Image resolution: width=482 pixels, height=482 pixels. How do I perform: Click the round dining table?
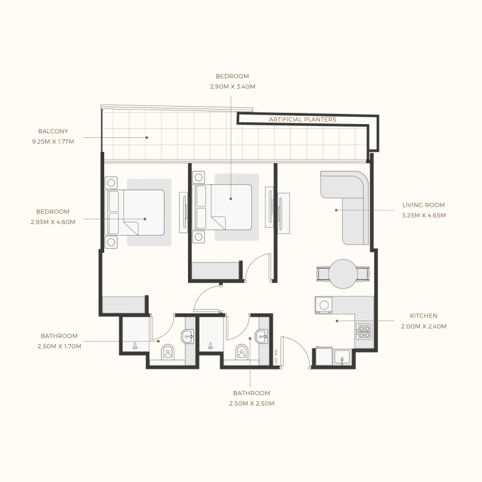[343, 273]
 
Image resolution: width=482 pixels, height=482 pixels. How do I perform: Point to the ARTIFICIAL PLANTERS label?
[302, 120]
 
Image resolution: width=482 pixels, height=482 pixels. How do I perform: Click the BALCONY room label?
[53, 131]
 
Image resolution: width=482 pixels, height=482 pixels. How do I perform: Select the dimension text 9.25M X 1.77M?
[53, 142]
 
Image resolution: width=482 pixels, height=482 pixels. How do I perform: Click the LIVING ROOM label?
[424, 205]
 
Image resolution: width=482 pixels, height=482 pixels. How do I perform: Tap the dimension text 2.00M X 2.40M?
[424, 326]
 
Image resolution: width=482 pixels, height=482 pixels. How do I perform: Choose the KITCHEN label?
[424, 315]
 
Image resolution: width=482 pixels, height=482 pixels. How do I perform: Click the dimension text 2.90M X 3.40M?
[232, 87]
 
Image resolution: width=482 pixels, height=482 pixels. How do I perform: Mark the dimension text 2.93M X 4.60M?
[53, 222]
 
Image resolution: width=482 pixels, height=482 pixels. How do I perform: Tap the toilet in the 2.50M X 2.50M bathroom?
[243, 351]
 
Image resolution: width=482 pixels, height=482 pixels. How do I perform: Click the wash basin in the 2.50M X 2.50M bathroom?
[263, 336]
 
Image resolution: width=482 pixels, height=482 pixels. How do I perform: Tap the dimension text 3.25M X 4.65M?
[424, 215]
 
